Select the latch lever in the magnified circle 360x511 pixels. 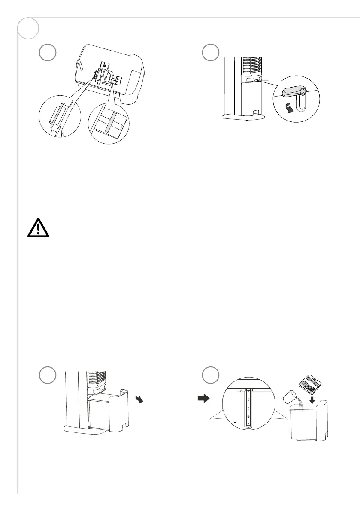pos(293,92)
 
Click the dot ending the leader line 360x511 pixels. pos(236,422)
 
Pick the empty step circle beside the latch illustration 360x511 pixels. pos(211,52)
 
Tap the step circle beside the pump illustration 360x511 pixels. pos(47,52)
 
